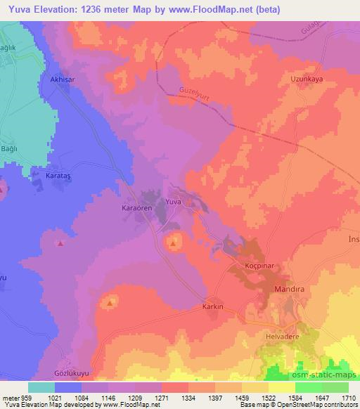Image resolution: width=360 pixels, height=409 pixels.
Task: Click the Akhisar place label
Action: [62, 80]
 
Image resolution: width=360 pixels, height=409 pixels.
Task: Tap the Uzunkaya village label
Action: [306, 80]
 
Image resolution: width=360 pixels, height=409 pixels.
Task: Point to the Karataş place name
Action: [60, 173]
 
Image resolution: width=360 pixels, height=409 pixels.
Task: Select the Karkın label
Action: [212, 307]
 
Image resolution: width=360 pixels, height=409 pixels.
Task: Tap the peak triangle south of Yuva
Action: [174, 243]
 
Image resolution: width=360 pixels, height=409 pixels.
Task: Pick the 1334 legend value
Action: [188, 397]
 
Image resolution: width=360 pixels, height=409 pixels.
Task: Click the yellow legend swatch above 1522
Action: [281, 387]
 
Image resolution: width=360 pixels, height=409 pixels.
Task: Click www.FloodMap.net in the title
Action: [222, 10]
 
